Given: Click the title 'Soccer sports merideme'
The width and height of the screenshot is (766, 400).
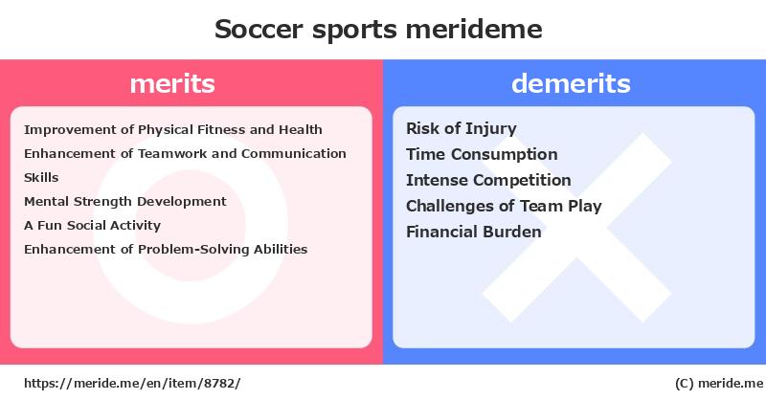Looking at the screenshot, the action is tap(378, 30).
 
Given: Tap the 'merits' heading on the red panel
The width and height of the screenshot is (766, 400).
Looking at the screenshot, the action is tap(172, 84).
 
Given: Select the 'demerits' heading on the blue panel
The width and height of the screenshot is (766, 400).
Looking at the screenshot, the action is tap(571, 83).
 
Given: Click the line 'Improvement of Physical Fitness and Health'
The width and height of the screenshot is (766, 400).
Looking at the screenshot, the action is tap(173, 130).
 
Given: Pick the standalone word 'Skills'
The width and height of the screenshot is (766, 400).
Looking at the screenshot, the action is tap(41, 178).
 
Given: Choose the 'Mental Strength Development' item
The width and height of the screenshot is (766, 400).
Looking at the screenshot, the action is tap(125, 202).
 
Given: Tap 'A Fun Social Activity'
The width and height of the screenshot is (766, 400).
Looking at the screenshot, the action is tap(92, 226).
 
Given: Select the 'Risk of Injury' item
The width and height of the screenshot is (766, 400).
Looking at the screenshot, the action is tap(462, 129).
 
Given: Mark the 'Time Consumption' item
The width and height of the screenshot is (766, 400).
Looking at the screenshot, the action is tap(482, 154).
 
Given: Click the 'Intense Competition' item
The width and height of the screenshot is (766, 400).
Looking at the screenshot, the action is tap(488, 180).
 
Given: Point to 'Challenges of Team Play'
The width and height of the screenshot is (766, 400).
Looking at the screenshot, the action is tap(504, 206).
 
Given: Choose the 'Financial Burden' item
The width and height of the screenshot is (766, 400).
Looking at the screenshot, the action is tap(473, 232).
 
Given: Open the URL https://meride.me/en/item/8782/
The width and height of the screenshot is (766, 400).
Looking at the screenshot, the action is tap(132, 384).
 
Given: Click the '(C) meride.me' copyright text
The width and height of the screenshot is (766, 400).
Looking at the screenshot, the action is tap(719, 384).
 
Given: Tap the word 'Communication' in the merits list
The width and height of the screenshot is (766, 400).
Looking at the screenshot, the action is tap(294, 154).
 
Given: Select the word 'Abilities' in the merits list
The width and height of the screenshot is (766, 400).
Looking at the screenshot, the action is tap(281, 250).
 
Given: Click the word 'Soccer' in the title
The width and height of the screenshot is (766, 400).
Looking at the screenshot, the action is tap(259, 30).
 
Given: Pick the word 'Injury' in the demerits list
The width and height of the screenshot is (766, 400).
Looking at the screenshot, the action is tap(491, 129).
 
